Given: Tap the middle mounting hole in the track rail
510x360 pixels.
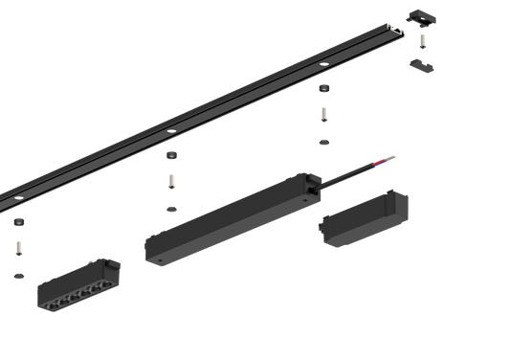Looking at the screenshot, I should [170, 129].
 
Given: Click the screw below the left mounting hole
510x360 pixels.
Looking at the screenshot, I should [19, 249].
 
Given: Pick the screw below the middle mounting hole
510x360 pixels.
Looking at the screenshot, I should [171, 181].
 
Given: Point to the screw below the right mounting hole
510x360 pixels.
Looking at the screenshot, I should [323, 116].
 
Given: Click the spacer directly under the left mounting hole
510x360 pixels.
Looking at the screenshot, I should [19, 222].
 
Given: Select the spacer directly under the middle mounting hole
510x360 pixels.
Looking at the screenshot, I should [171, 155].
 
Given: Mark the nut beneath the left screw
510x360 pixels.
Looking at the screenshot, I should [19, 275].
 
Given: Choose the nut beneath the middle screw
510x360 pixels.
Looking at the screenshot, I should [171, 207].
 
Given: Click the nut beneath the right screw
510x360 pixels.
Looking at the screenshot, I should [323, 142].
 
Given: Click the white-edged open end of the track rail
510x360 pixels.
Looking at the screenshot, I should [395, 34].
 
